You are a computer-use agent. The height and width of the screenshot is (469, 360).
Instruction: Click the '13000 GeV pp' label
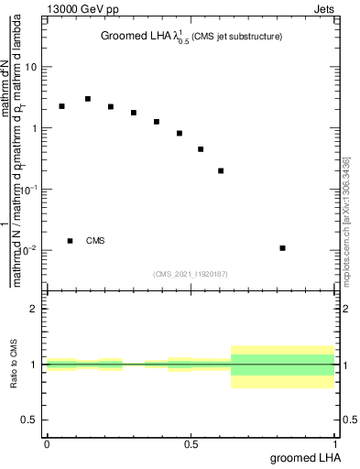coord(81,10)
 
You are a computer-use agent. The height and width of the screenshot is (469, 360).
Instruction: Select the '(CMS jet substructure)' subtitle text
coord(236,37)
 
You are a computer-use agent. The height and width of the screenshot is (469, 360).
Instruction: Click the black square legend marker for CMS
coord(70,241)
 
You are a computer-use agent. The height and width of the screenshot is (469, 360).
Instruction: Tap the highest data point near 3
coord(88,99)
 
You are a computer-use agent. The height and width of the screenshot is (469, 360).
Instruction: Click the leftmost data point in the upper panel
coord(61,106)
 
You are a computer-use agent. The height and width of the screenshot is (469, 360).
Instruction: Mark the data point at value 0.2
coord(221,170)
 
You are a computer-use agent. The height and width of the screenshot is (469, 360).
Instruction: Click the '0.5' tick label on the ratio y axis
coord(30,420)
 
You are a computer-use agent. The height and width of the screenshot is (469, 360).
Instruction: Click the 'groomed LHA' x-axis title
coord(304,457)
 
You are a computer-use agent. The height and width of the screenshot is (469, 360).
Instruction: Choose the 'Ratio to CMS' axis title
coord(15,365)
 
